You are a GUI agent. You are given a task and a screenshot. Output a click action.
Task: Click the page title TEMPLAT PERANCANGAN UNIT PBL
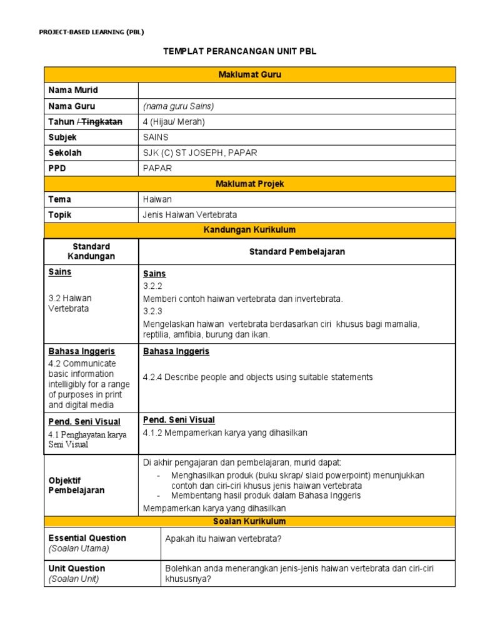pos(240,51)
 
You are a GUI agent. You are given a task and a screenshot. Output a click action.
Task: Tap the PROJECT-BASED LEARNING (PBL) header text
pos(91,32)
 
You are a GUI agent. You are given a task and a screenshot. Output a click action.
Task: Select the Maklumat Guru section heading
pos(249,75)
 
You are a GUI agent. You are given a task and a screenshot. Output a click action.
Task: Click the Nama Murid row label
pos(73,91)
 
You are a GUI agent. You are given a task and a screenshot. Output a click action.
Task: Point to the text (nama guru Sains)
pos(178,106)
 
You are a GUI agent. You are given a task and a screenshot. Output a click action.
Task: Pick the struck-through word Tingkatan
pos(102,121)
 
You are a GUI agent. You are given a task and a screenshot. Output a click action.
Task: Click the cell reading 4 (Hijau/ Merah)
pos(174,122)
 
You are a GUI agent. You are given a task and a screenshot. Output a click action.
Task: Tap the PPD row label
pos(57,168)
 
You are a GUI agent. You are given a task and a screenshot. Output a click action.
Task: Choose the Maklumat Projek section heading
pos(249,184)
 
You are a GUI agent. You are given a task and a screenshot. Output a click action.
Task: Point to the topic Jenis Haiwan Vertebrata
pos(190,215)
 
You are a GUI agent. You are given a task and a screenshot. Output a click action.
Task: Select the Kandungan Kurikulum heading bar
pos(249,230)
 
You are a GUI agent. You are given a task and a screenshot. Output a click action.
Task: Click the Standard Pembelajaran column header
pos(297,251)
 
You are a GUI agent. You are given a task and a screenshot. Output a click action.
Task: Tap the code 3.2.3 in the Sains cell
pos(152,311)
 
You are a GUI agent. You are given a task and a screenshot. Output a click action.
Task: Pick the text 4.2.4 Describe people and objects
pos(257,377)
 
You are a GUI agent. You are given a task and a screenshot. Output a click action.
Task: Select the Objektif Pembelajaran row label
pos(76,485)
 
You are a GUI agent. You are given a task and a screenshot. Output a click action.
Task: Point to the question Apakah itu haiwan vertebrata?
pos(224,539)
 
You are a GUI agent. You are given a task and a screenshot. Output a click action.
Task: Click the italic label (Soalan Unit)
pos(74,579)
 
